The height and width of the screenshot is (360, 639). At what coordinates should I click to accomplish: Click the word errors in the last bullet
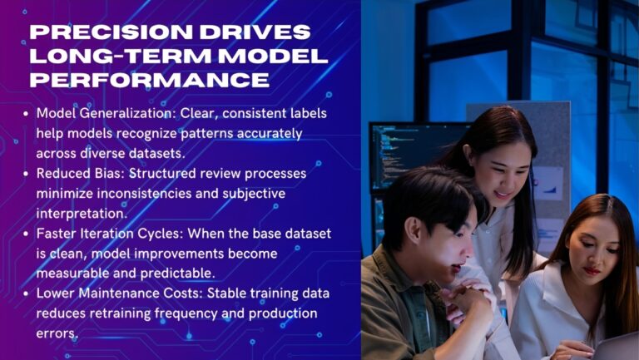click(57, 333)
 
